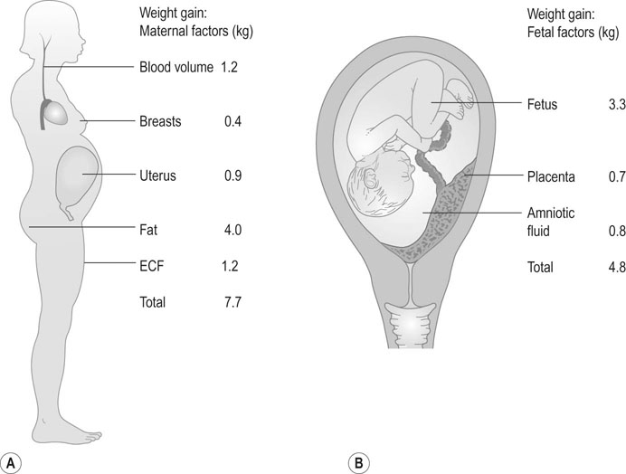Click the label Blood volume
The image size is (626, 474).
175,67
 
